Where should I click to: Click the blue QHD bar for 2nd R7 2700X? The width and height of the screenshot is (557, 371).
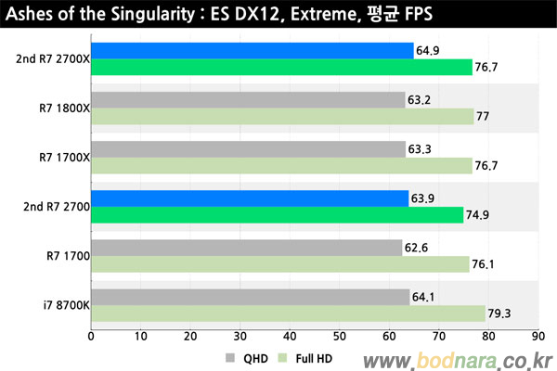tap(251, 51)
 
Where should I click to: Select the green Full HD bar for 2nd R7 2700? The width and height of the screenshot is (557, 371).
tap(277, 215)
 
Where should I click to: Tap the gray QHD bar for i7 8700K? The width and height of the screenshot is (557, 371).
tap(250, 297)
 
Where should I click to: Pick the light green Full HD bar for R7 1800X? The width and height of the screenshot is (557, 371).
tap(280, 117)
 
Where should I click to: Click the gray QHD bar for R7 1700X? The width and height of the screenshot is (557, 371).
tap(248, 149)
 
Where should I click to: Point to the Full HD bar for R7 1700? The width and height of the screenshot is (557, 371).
tap(278, 264)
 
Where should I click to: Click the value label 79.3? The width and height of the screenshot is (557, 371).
tap(500, 313)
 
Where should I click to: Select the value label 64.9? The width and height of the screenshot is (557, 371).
tap(428, 51)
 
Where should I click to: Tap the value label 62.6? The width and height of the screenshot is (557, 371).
tap(416, 248)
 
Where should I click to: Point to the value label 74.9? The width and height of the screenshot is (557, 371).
tap(478, 215)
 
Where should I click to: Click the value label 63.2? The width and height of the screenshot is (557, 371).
tap(420, 100)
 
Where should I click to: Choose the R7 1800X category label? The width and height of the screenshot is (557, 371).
tap(63, 109)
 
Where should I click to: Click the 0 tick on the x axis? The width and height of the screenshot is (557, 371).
tap(91, 339)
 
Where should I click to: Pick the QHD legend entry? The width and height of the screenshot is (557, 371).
tap(245, 357)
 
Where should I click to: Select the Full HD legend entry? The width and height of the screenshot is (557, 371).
tap(305, 357)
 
